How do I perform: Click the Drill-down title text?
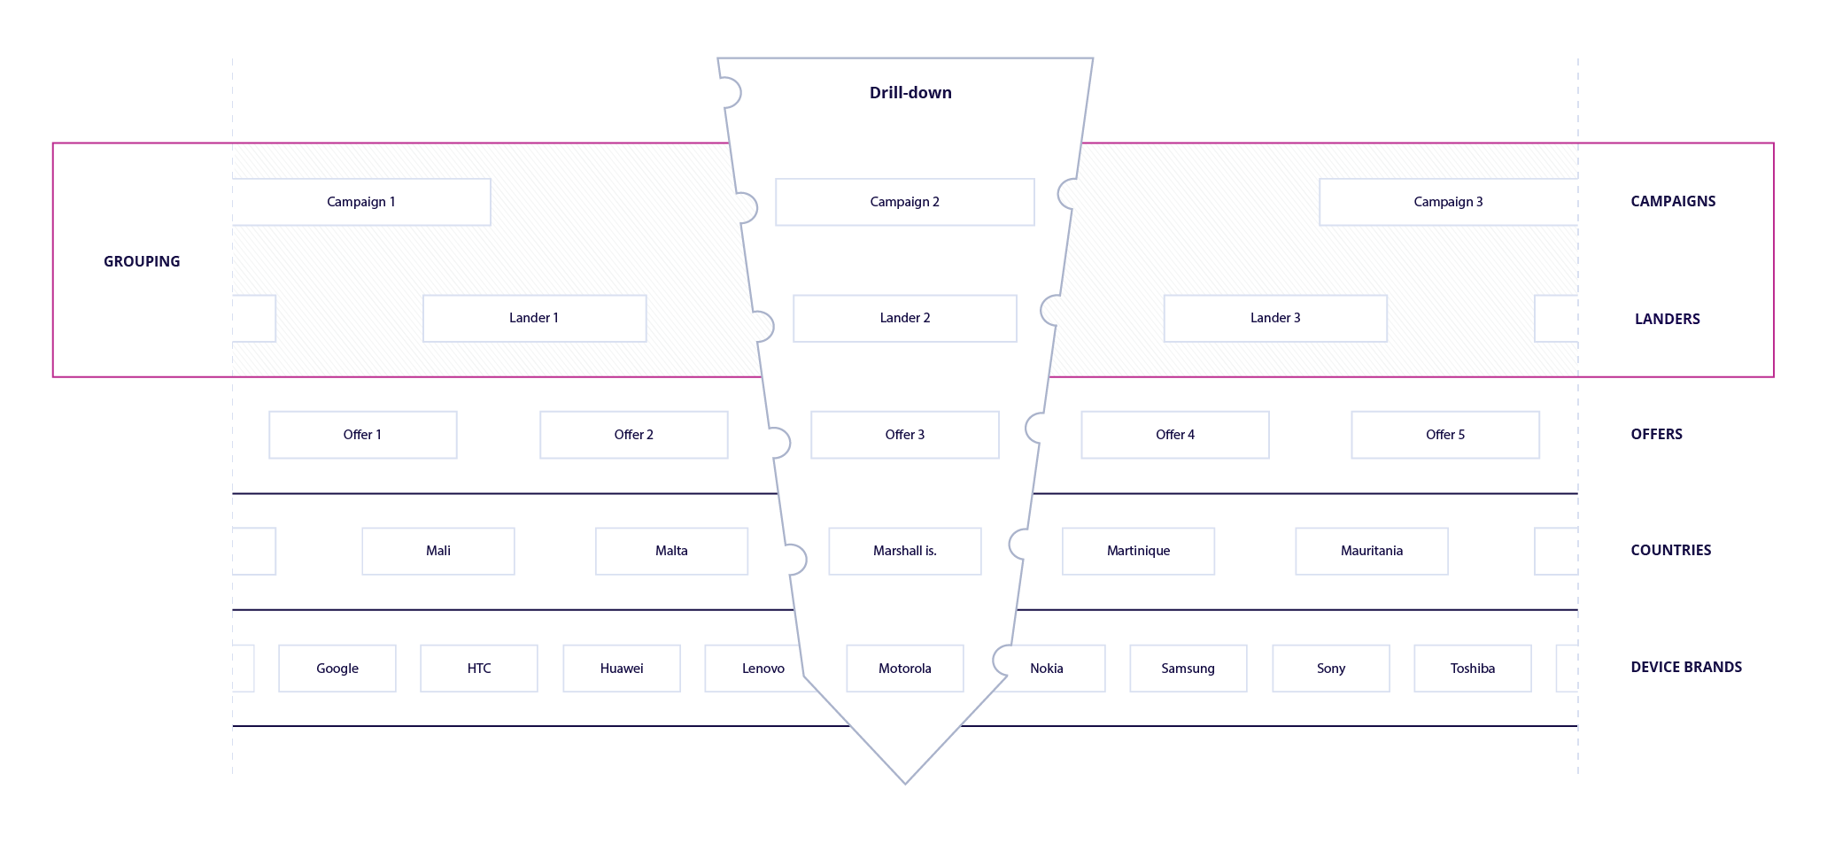click(x=910, y=93)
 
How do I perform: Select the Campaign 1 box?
click(x=361, y=202)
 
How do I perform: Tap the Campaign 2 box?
click(x=904, y=202)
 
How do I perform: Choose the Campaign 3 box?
click(x=1448, y=202)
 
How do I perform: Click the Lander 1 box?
click(x=534, y=318)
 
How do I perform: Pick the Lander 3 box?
click(x=1275, y=318)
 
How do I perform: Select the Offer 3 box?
click(x=904, y=435)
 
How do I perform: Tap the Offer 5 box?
click(x=1445, y=435)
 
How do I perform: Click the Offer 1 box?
click(x=362, y=435)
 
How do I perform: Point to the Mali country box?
click(x=437, y=551)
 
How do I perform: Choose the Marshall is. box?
click(x=904, y=551)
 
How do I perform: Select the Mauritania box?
click(x=1371, y=551)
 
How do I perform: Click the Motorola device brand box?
click(x=904, y=669)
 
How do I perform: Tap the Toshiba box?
click(x=1472, y=669)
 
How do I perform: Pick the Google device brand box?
click(x=337, y=669)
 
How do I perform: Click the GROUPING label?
click(x=142, y=261)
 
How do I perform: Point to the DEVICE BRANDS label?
click(x=1685, y=667)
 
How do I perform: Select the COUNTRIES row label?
click(x=1670, y=550)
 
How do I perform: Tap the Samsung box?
click(x=1188, y=669)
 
